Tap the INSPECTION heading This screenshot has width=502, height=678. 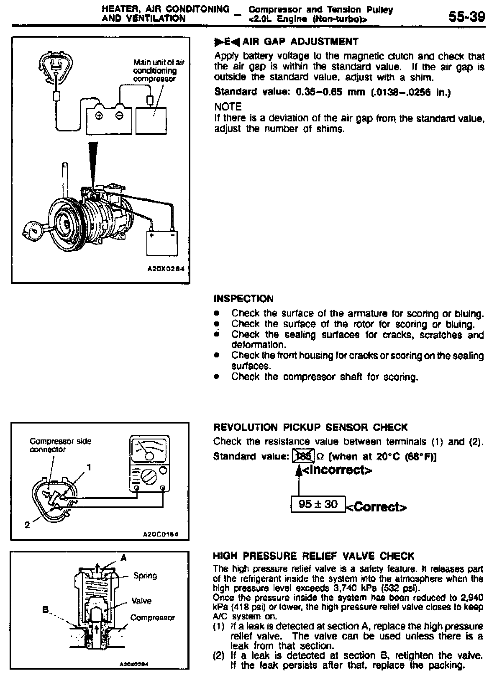243,299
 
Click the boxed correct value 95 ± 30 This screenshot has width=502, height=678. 318,504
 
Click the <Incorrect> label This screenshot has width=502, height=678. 336,470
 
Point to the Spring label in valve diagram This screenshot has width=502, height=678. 145,576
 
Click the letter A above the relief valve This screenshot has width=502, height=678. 123,557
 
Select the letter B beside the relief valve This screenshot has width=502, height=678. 45,609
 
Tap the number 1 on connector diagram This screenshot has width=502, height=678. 88,467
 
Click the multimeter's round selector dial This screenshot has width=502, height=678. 149,476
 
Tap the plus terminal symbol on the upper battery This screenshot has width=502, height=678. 100,116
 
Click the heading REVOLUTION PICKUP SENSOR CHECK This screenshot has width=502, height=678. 310,427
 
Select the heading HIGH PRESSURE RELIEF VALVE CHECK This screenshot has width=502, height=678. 313,556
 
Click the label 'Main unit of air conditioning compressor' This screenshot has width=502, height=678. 158,70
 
